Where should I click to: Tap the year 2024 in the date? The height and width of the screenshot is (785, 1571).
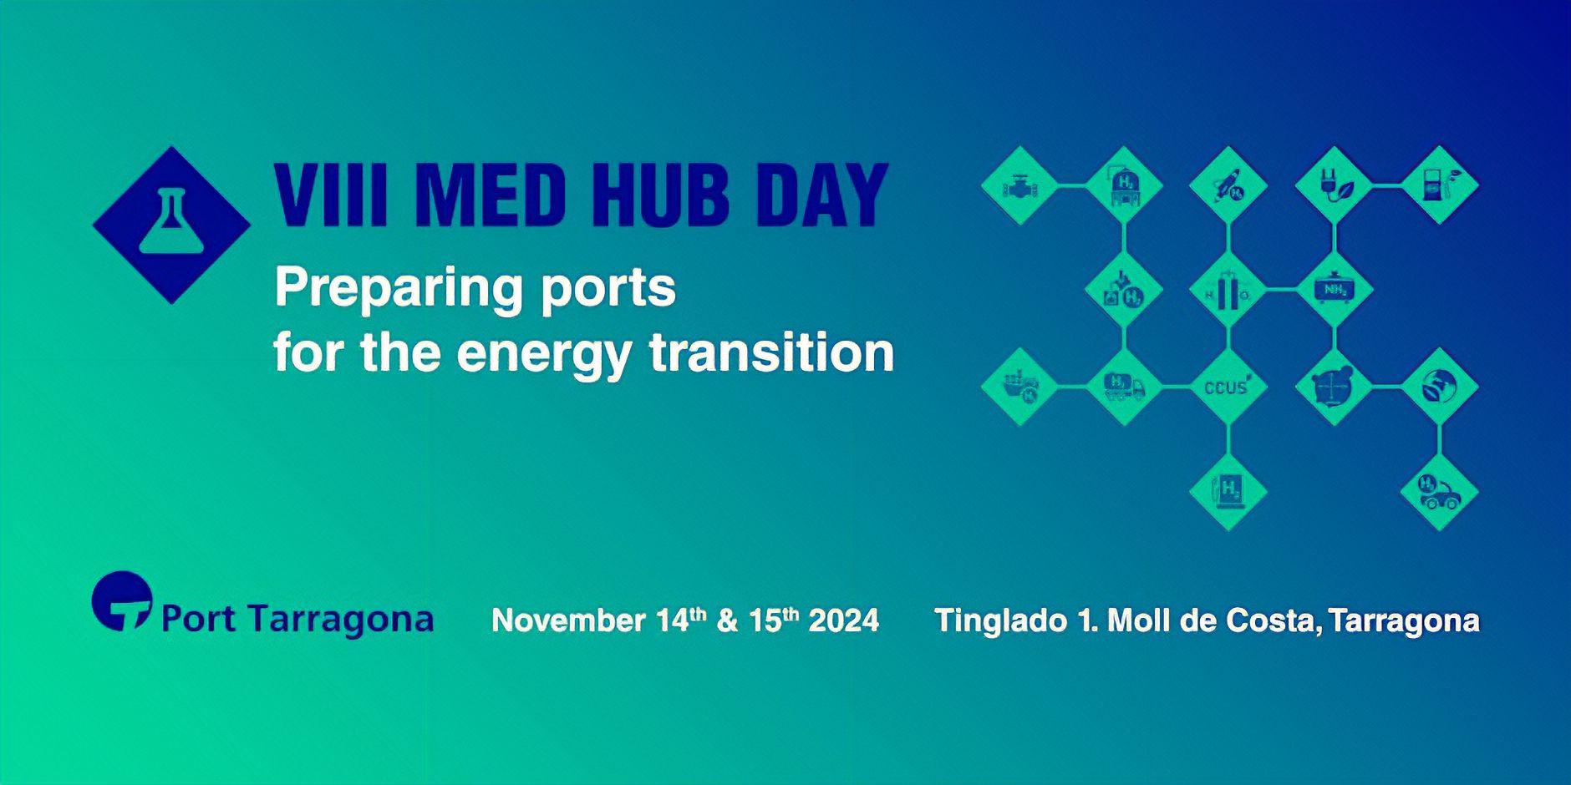(844, 620)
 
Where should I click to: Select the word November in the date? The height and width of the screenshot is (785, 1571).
(568, 620)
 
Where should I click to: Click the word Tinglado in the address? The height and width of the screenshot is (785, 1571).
(999, 620)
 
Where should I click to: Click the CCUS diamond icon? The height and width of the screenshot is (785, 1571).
(1228, 387)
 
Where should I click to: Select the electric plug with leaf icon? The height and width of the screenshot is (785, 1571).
(1334, 185)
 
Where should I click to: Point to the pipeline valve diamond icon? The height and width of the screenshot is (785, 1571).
(1019, 185)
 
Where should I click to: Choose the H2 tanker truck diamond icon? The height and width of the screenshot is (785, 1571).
(1124, 387)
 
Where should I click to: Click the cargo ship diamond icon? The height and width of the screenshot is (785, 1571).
(1019, 387)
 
